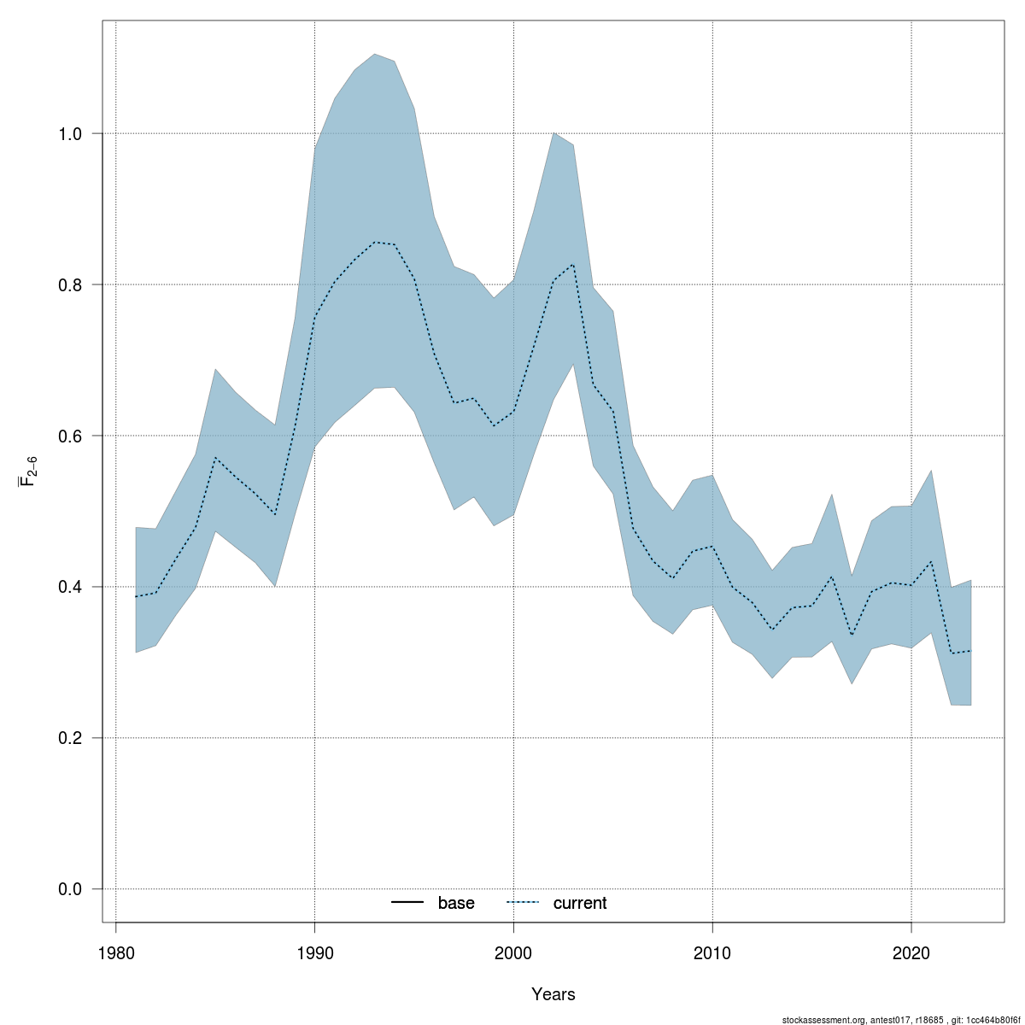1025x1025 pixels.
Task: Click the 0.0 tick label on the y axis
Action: pyautogui.click(x=70, y=889)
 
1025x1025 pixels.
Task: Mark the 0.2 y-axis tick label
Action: pyautogui.click(x=70, y=738)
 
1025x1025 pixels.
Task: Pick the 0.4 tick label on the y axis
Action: pyautogui.click(x=70, y=587)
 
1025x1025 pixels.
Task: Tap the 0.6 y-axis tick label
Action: pyautogui.click(x=70, y=436)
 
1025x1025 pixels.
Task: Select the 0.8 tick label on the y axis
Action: pyautogui.click(x=70, y=284)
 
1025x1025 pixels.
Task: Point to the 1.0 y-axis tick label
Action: pyautogui.click(x=70, y=133)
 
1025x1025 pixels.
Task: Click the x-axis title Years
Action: pyautogui.click(x=553, y=994)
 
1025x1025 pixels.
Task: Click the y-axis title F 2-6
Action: pyautogui.click(x=28, y=471)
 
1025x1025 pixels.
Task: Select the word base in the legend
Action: pyautogui.click(x=456, y=903)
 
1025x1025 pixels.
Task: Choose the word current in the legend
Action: pyautogui.click(x=580, y=903)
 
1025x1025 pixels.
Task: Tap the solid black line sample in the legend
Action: pyautogui.click(x=408, y=903)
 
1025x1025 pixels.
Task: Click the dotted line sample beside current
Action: pyautogui.click(x=524, y=903)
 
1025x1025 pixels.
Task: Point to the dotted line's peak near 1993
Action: pyautogui.click(x=374, y=242)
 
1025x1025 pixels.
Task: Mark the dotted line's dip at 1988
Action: pyautogui.click(x=275, y=514)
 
